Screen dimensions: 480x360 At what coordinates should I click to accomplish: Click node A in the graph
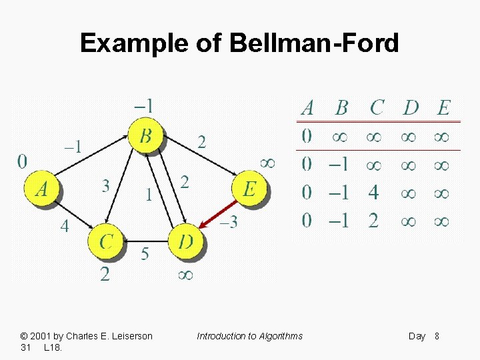pos(41,189)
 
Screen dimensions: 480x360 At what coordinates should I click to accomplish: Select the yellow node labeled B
pos(146,137)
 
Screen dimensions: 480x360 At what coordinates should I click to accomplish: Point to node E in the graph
pos(249,189)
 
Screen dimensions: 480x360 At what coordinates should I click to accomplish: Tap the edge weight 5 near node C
pos(145,253)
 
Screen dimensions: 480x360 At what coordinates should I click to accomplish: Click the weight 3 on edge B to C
pos(106,185)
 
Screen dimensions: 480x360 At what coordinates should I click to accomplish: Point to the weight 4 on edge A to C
pos(64,226)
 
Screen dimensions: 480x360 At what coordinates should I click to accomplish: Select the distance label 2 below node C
pos(105,273)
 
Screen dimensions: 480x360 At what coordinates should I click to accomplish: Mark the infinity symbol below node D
pos(186,274)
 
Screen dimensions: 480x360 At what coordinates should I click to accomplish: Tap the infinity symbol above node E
pos(267,162)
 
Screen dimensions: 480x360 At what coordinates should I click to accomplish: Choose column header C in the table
pos(377,107)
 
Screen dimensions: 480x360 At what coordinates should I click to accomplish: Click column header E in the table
pos(443,107)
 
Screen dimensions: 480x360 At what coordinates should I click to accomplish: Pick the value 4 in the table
pos(373,193)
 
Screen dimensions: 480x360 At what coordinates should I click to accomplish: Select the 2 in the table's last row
pos(373,221)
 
